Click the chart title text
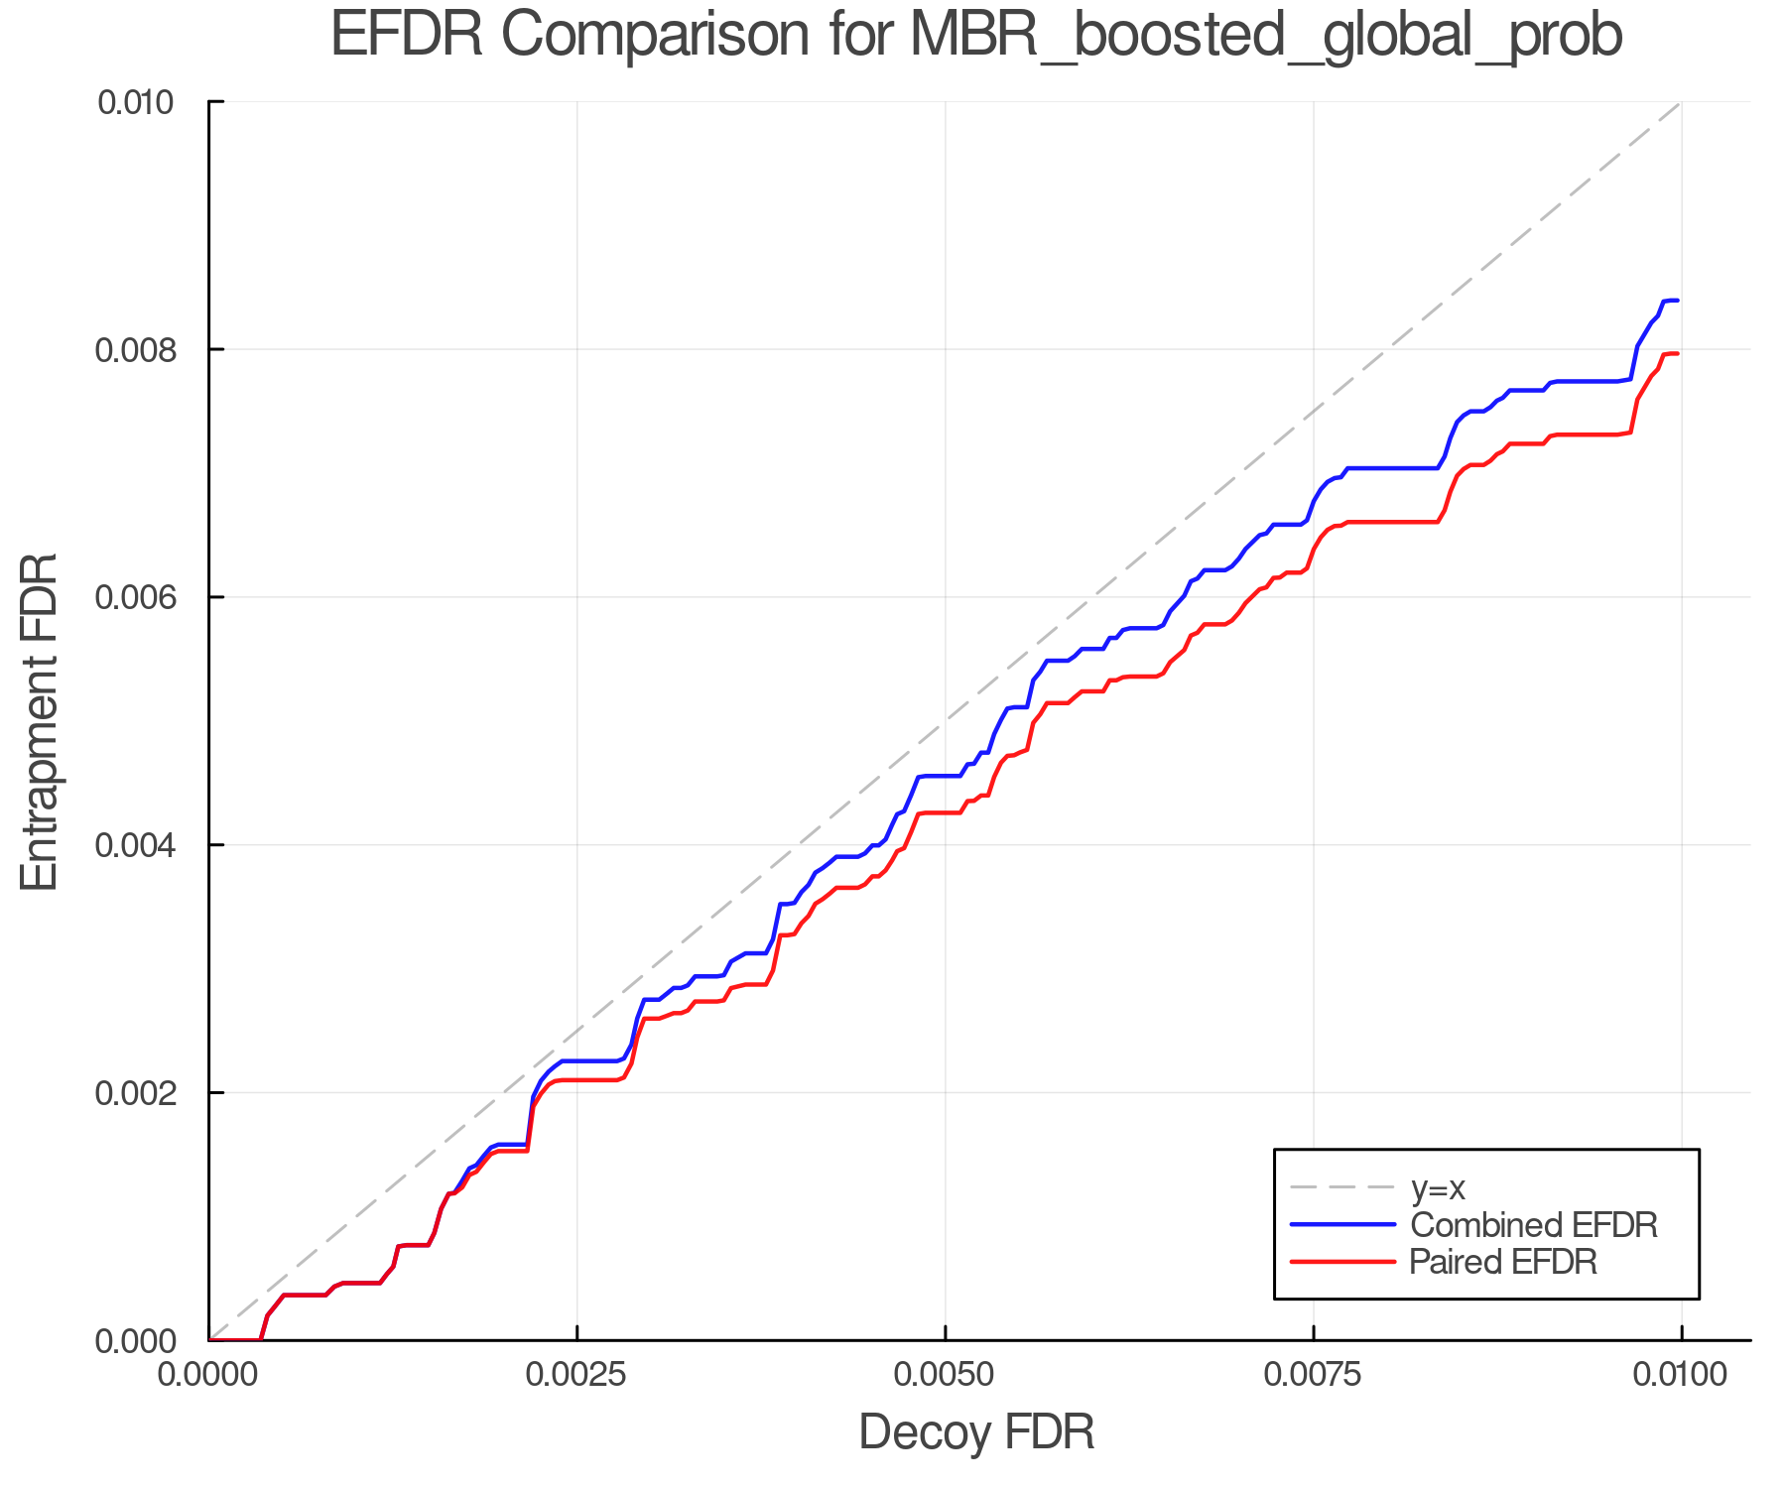(x=976, y=36)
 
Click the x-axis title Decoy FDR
(x=976, y=1432)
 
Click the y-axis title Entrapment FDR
(x=41, y=721)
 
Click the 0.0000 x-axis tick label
(x=209, y=1375)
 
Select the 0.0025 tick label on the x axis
(x=577, y=1375)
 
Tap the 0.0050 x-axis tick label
(x=946, y=1375)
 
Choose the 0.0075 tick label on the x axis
(x=1314, y=1375)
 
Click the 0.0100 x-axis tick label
(x=1681, y=1375)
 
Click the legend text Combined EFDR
(x=1533, y=1225)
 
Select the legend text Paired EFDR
(x=1503, y=1262)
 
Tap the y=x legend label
(x=1438, y=1187)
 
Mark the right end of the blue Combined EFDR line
(x=1677, y=301)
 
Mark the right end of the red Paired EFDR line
(x=1677, y=353)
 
